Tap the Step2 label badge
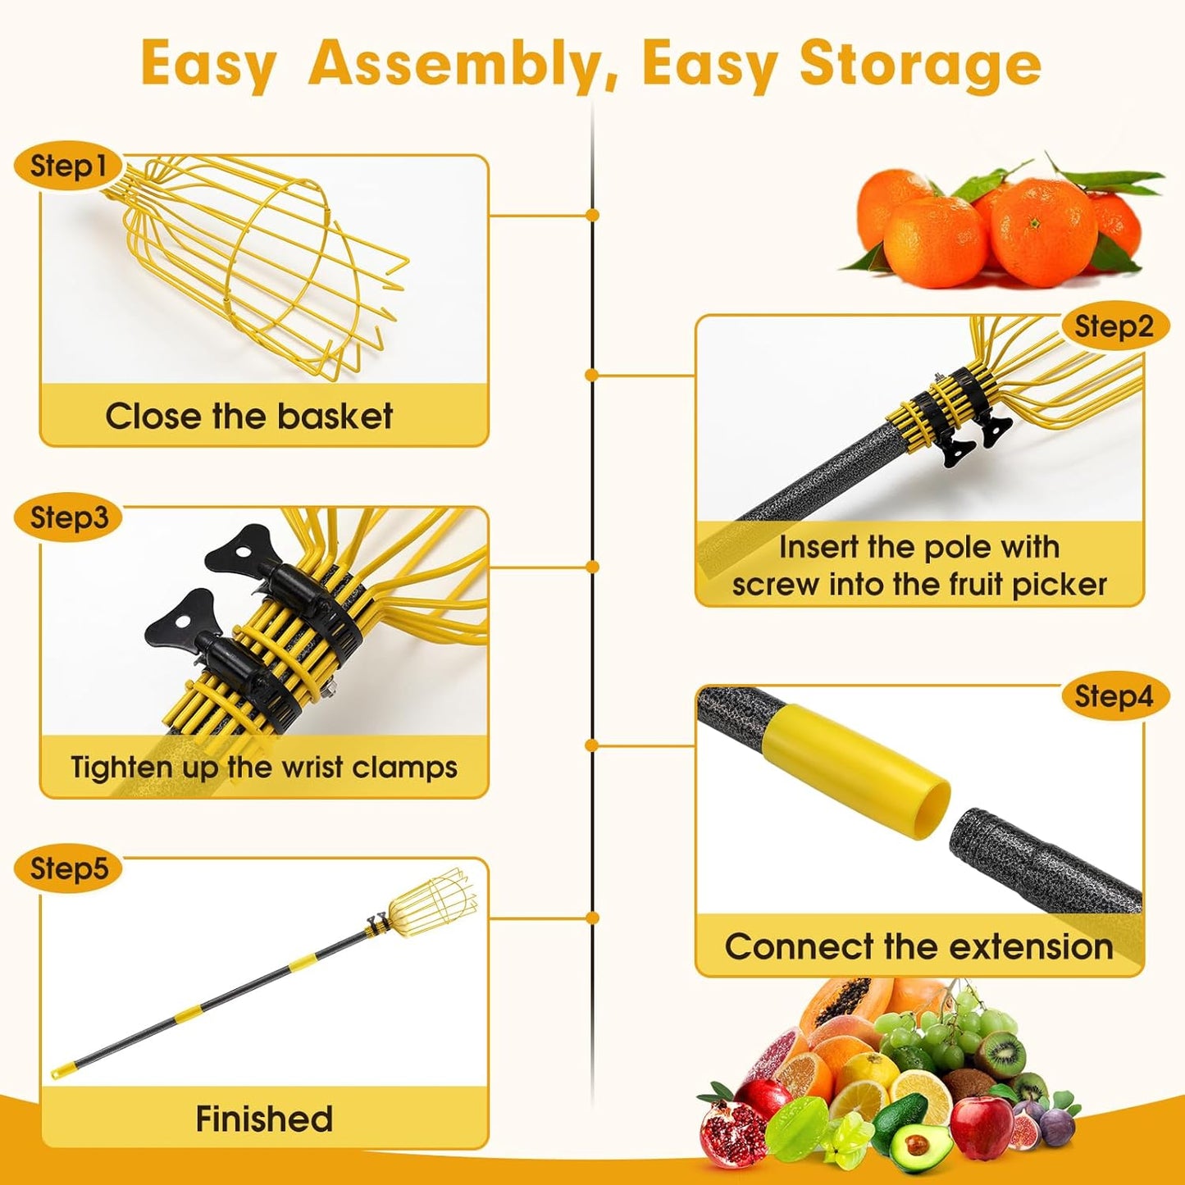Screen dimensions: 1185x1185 pyautogui.click(x=1114, y=326)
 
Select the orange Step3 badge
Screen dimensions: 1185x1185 pyautogui.click(x=69, y=517)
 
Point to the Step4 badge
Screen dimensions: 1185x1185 pyautogui.click(x=1114, y=696)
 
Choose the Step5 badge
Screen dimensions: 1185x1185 pyautogui.click(x=69, y=868)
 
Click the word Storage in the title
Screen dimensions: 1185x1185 pyautogui.click(x=919, y=64)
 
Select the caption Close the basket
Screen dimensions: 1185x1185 pyautogui.click(x=249, y=416)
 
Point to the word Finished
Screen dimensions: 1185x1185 pyautogui.click(x=264, y=1119)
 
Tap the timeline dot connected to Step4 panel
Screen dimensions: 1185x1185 pyautogui.click(x=592, y=745)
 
